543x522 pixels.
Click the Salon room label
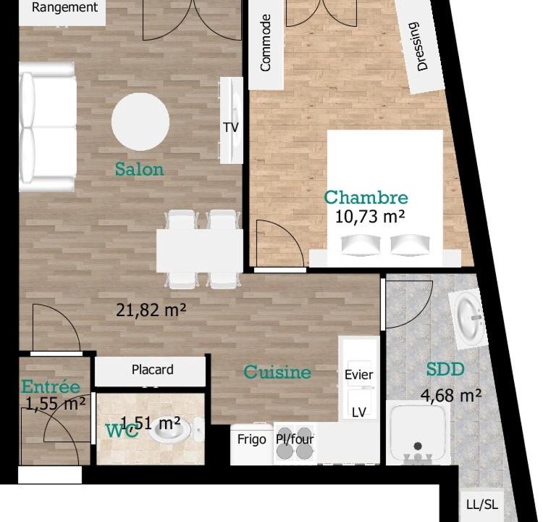point(139,169)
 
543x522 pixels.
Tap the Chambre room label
point(366,197)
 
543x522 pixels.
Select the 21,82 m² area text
point(151,310)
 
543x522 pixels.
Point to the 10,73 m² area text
point(370,217)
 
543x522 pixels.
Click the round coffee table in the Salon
point(140,122)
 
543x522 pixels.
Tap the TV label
point(231,128)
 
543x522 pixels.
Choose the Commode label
point(265,43)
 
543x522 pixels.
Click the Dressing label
point(418,46)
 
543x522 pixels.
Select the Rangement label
point(64,7)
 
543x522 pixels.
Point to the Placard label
point(152,370)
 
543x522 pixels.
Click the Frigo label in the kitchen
point(252,439)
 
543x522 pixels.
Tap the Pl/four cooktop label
point(295,439)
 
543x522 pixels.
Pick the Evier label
point(359,375)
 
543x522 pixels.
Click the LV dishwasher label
point(359,413)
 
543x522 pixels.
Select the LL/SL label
point(482,505)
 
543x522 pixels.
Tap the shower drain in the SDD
point(418,446)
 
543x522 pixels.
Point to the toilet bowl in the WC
point(172,430)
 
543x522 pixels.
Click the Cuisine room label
point(277,372)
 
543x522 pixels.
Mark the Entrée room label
point(51,386)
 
